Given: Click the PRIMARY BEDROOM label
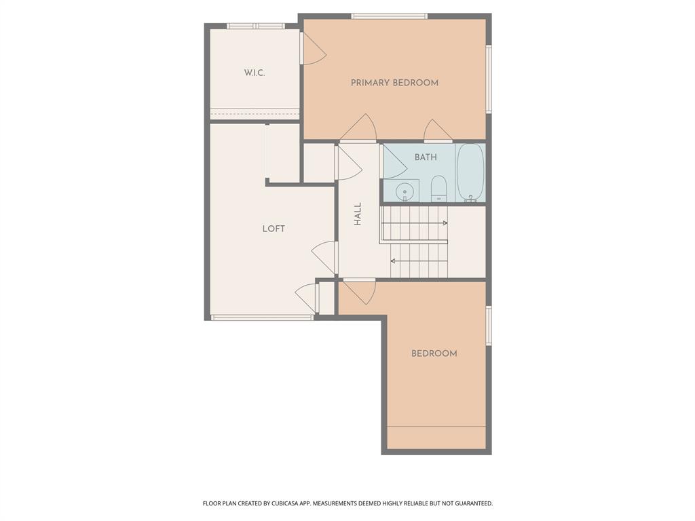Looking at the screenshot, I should pos(394,83).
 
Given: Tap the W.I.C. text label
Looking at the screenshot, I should pos(255,73).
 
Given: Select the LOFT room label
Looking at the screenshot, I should pos(274,229).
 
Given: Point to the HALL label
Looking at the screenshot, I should pos(358,214).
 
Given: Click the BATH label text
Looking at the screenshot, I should pos(426,157).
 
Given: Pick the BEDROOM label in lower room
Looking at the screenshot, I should pos(434,353).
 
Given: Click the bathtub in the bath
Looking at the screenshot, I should pos(470,173).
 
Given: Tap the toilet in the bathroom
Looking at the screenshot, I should pos(438,189).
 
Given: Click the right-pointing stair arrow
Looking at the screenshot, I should pos(445,223).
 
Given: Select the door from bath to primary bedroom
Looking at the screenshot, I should pos(437,130).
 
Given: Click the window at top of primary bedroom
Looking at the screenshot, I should pos(389,16).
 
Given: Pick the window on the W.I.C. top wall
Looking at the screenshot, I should pos(255,26).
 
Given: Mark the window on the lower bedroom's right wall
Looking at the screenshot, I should pos(489,326).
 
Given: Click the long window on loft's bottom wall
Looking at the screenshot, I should pos(262,317).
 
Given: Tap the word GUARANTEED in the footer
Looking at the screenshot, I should pos(469,503).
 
